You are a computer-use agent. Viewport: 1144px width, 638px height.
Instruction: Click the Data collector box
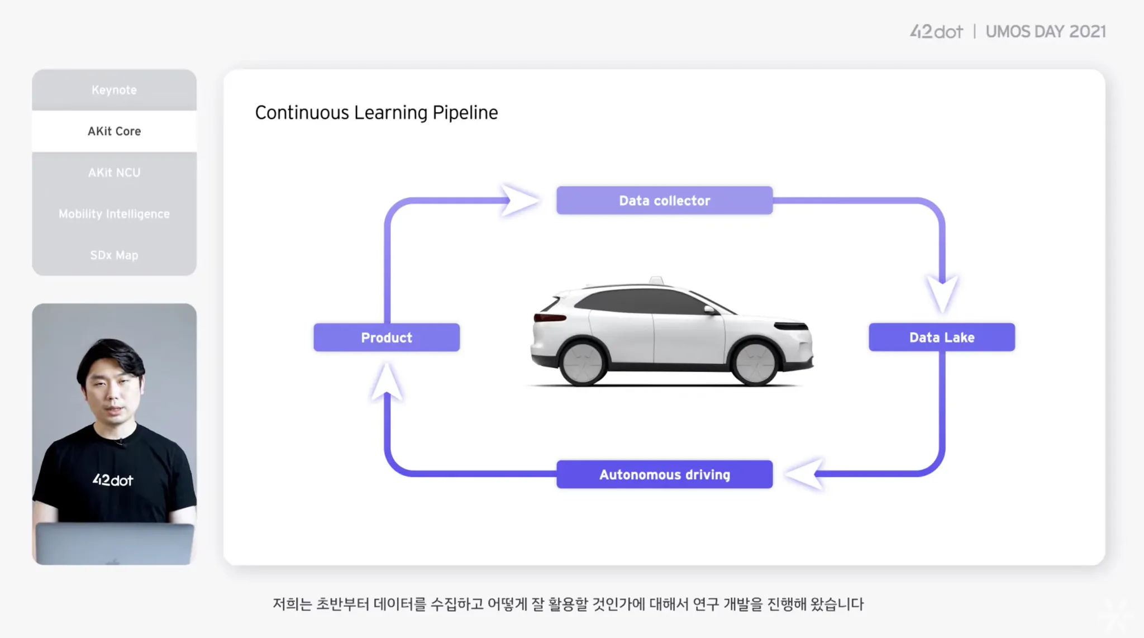coord(664,201)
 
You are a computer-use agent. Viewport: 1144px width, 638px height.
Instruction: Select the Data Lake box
coord(942,337)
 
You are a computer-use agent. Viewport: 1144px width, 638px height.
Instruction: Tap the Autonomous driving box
coord(664,474)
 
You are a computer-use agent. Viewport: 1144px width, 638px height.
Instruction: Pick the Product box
coord(387,337)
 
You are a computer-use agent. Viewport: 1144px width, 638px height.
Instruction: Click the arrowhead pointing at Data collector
coord(519,200)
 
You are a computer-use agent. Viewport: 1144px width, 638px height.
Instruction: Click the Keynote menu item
coord(114,90)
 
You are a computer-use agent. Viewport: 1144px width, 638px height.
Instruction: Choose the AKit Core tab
coord(114,131)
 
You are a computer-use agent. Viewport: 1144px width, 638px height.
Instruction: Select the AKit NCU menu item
coord(114,173)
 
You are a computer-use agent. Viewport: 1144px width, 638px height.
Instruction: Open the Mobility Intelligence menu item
coord(114,214)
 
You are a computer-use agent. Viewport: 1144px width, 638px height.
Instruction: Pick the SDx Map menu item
coord(114,255)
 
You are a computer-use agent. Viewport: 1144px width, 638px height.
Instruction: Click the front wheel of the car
coord(755,363)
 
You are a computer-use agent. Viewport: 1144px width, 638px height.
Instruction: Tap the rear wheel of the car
coord(583,363)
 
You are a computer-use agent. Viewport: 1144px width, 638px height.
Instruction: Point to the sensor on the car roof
coord(656,280)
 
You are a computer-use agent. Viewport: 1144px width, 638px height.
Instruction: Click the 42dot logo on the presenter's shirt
coord(113,480)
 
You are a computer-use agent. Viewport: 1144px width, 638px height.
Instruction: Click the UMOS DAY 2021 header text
coord(1045,32)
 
